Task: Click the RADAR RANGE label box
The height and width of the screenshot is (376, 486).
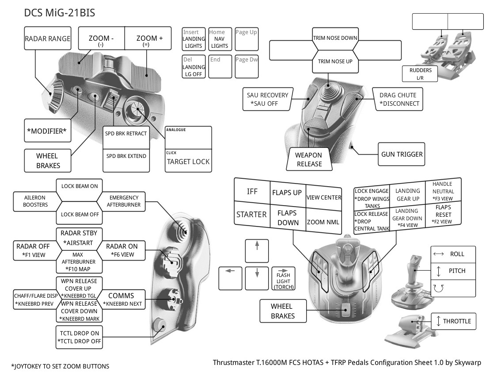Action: pos(47,39)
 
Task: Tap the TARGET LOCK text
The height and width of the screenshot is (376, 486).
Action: pos(188,161)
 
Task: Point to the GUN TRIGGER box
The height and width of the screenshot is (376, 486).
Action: pos(402,154)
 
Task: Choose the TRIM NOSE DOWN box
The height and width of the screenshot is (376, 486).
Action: pos(335,38)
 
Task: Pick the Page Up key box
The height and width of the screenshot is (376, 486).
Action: pos(247,39)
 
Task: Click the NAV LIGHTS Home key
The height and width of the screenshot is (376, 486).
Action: pos(219,39)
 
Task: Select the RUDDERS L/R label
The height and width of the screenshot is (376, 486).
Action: pos(420,74)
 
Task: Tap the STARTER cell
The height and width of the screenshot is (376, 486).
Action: pos(251,215)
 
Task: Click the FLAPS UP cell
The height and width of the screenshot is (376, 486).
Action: pos(287,193)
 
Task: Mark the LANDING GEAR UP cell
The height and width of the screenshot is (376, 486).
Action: pos(407,195)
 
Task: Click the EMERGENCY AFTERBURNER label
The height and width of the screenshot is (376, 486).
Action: pos(124,201)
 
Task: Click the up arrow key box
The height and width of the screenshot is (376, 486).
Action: pos(257,251)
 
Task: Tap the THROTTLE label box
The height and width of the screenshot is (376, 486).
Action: pos(454,321)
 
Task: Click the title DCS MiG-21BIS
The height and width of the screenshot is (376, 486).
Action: pos(60,13)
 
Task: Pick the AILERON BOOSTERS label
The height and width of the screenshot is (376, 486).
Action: pos(35,201)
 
